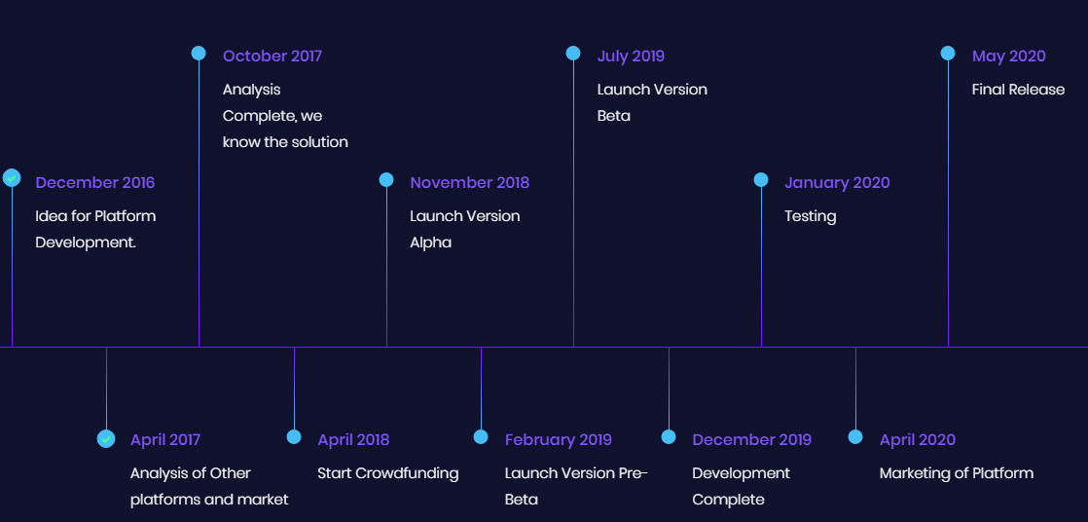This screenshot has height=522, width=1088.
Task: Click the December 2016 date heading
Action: (x=95, y=182)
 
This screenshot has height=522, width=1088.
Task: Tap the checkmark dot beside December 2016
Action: (x=12, y=177)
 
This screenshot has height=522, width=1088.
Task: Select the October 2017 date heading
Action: (x=272, y=56)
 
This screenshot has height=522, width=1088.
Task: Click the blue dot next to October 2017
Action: (x=199, y=53)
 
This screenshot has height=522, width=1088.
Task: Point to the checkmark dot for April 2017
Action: (x=106, y=438)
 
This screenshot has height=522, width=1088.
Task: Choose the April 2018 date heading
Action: (x=353, y=440)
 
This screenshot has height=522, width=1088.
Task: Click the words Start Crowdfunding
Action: (x=388, y=473)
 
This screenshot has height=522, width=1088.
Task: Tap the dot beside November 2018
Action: (x=386, y=180)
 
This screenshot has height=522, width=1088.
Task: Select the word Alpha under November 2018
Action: (x=431, y=242)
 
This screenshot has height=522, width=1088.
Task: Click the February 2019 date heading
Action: (x=559, y=440)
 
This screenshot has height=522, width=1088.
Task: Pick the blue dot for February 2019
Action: (x=481, y=436)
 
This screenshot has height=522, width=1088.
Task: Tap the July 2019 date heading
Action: (x=631, y=56)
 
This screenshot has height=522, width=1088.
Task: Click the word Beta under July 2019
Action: (x=614, y=116)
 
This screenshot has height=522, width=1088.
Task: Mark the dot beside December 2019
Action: (x=669, y=436)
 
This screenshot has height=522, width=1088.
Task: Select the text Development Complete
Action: (x=741, y=487)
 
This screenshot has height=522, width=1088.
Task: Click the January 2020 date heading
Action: (x=837, y=182)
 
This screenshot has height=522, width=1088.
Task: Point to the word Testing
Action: (x=811, y=216)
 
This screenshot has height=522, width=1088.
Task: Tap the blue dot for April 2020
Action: (x=855, y=436)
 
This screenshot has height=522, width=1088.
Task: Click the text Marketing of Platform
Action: (x=957, y=473)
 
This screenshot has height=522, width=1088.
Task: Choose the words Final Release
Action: (x=1018, y=90)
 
